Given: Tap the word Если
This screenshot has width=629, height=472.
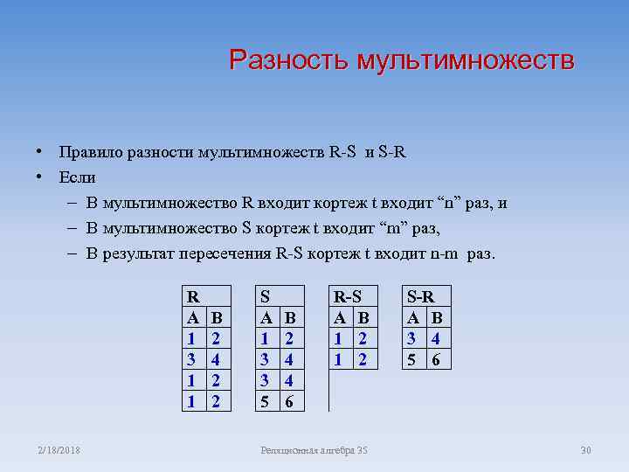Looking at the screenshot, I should click(x=78, y=177).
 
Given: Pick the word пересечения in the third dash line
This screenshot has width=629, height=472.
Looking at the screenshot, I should click(x=226, y=253).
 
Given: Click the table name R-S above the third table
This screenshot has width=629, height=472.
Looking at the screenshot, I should click(x=346, y=295).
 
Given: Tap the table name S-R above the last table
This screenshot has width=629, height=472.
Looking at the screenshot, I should click(x=423, y=295).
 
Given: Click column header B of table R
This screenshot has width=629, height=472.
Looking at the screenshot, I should click(x=218, y=316).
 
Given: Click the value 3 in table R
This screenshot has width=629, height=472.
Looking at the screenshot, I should click(x=192, y=357).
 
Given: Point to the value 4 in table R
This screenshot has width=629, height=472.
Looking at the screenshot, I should click(x=218, y=357).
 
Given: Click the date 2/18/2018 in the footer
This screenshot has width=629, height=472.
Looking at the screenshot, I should click(x=58, y=450).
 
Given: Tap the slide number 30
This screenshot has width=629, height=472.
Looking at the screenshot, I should click(x=585, y=450).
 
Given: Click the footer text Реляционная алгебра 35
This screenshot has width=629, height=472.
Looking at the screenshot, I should click(x=314, y=450).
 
